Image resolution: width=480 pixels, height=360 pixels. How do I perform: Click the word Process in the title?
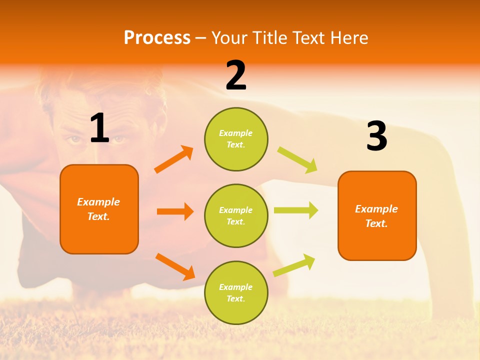(157, 37)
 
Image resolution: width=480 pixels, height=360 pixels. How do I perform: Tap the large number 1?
(99, 128)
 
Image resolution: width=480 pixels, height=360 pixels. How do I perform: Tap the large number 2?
(236, 75)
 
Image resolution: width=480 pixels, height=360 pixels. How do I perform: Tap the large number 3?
(376, 136)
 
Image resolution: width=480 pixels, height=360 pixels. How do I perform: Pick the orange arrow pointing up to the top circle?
(174, 159)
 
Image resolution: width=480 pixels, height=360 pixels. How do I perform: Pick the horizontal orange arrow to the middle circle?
(175, 211)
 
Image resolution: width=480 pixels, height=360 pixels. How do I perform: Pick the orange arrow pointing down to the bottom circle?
(175, 266)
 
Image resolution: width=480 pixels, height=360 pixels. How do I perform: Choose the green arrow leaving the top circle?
(297, 160)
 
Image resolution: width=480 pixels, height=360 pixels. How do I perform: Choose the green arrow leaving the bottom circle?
(294, 265)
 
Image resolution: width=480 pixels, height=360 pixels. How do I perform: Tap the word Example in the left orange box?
(98, 202)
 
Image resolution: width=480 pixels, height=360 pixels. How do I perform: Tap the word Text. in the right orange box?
(376, 223)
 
